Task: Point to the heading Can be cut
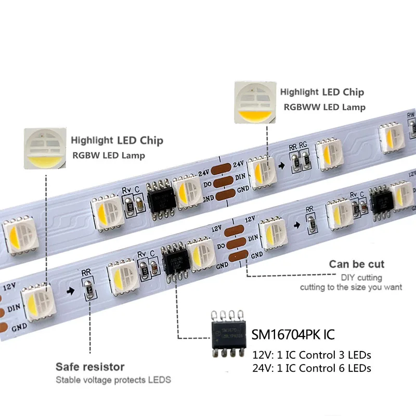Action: pos(356,264)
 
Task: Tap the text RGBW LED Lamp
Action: pos(108,155)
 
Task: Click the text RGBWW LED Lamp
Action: pos(324,107)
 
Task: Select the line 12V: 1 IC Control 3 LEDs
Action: pos(311,356)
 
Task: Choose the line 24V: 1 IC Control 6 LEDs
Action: pos(311,368)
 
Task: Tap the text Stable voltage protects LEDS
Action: pos(113,380)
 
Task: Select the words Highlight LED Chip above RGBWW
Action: pos(322,92)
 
